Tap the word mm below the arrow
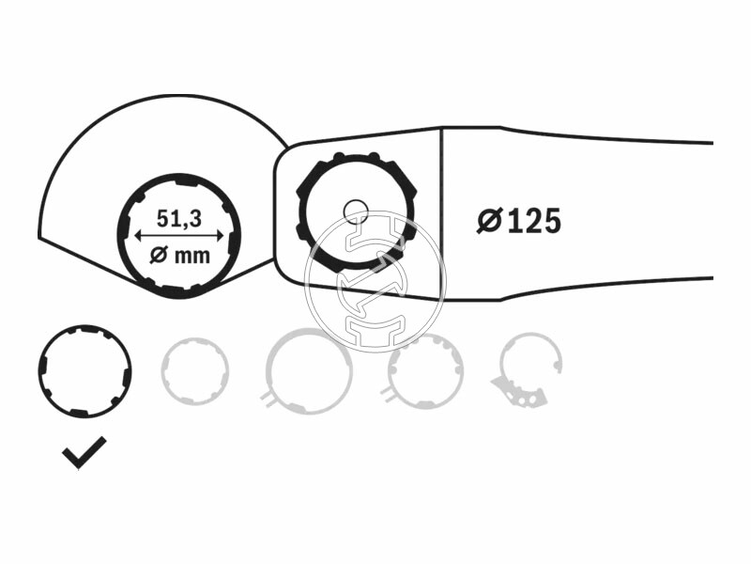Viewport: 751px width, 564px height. point(192,255)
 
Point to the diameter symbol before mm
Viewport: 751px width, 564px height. point(159,255)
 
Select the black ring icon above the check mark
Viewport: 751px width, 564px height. point(84,371)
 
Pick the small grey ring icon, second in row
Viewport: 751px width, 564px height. point(194,370)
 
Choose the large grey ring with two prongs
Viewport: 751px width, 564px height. point(309,371)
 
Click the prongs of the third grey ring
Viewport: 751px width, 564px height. point(268,399)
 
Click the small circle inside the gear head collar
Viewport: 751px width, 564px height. point(355,211)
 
